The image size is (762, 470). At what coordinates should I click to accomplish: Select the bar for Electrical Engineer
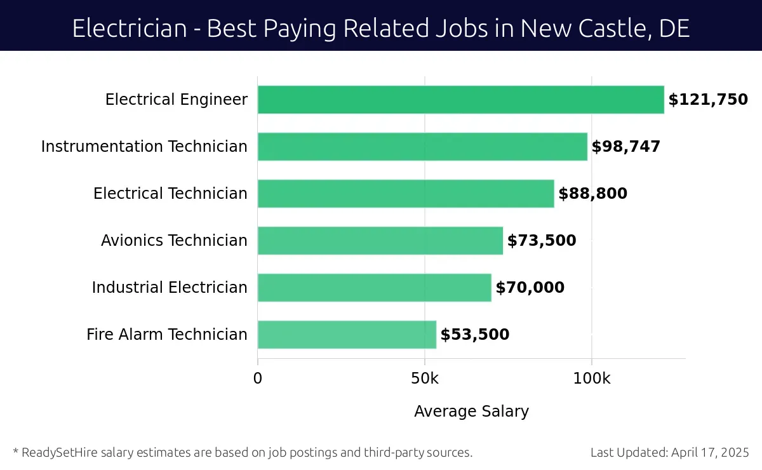click(460, 100)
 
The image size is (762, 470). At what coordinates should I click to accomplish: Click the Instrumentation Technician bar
click(422, 147)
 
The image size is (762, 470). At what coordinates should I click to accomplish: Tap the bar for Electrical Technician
click(406, 194)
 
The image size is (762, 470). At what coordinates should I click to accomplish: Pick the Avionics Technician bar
click(380, 241)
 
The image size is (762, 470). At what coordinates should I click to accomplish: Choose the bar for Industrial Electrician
click(374, 288)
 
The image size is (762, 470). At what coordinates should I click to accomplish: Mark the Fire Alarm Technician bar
click(347, 335)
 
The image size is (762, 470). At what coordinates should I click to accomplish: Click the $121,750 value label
click(707, 100)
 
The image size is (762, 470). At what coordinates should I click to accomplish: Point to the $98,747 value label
click(625, 147)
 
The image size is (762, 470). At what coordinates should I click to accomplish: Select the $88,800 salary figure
click(592, 194)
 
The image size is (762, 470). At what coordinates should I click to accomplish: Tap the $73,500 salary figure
click(541, 241)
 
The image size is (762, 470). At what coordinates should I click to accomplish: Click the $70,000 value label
click(530, 288)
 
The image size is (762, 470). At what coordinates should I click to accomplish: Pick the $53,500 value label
click(474, 335)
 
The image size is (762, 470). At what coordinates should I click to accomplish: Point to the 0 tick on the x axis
click(258, 379)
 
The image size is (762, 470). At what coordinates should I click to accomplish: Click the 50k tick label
click(425, 379)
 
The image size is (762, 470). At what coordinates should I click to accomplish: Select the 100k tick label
click(592, 379)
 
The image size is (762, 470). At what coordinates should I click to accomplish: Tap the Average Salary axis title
click(471, 412)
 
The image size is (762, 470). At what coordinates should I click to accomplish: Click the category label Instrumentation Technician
click(144, 147)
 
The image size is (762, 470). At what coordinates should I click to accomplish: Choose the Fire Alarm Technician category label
click(167, 335)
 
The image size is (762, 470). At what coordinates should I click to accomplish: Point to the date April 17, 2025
click(709, 453)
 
